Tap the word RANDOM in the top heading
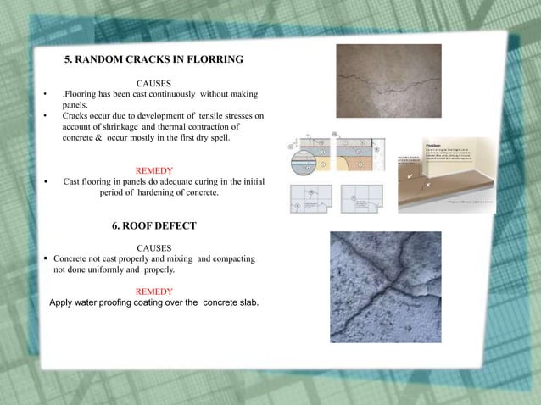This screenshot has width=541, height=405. click(104, 60)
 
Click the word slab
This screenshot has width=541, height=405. click(246, 302)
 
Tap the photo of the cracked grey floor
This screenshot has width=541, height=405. click(388, 80)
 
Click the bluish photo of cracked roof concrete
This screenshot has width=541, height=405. click(386, 286)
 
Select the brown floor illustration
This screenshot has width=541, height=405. click(457, 174)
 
